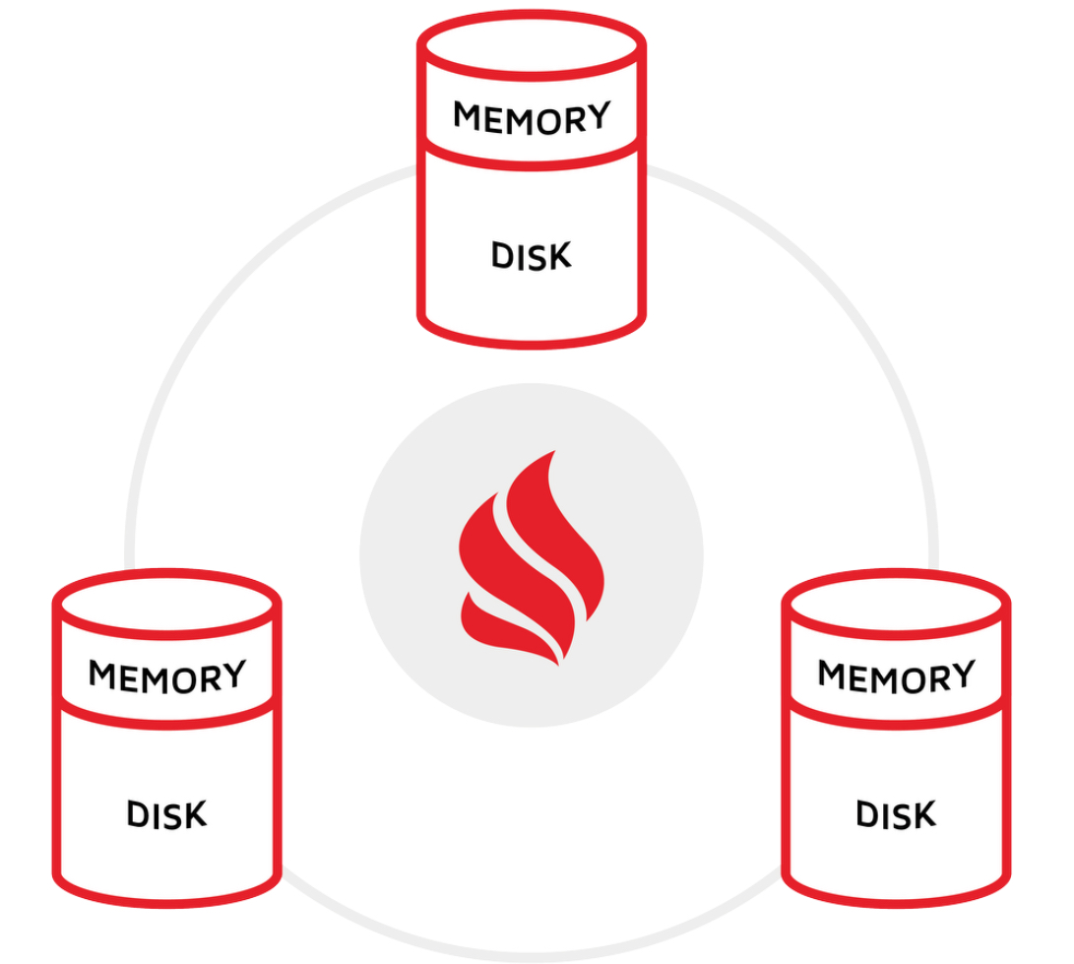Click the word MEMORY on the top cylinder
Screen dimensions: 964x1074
(532, 117)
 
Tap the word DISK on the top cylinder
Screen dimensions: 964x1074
(532, 256)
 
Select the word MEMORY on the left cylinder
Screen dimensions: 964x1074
(167, 676)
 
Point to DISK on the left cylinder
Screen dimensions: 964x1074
(167, 815)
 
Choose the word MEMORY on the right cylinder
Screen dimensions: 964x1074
(896, 676)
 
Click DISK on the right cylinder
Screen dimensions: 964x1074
(896, 815)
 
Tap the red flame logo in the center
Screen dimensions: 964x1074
(530, 556)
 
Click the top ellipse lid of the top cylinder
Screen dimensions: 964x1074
(532, 44)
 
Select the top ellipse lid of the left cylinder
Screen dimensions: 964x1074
(167, 604)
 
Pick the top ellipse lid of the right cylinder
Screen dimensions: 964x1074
(896, 604)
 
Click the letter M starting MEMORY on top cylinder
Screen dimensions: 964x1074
(467, 118)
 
